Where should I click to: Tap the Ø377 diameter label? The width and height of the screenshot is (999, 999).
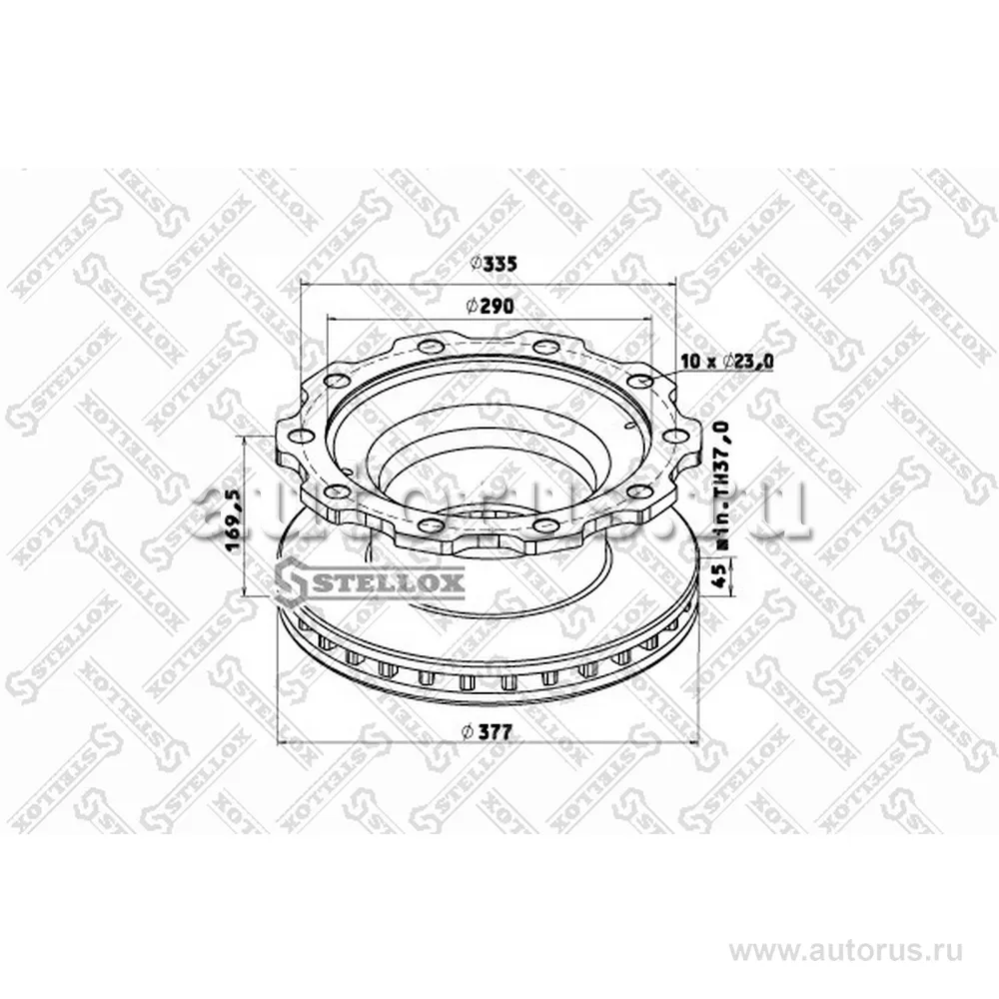point(489,732)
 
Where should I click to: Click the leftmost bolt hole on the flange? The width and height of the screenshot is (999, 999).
point(295,436)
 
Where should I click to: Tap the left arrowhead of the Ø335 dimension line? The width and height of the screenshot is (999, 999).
point(304,281)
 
